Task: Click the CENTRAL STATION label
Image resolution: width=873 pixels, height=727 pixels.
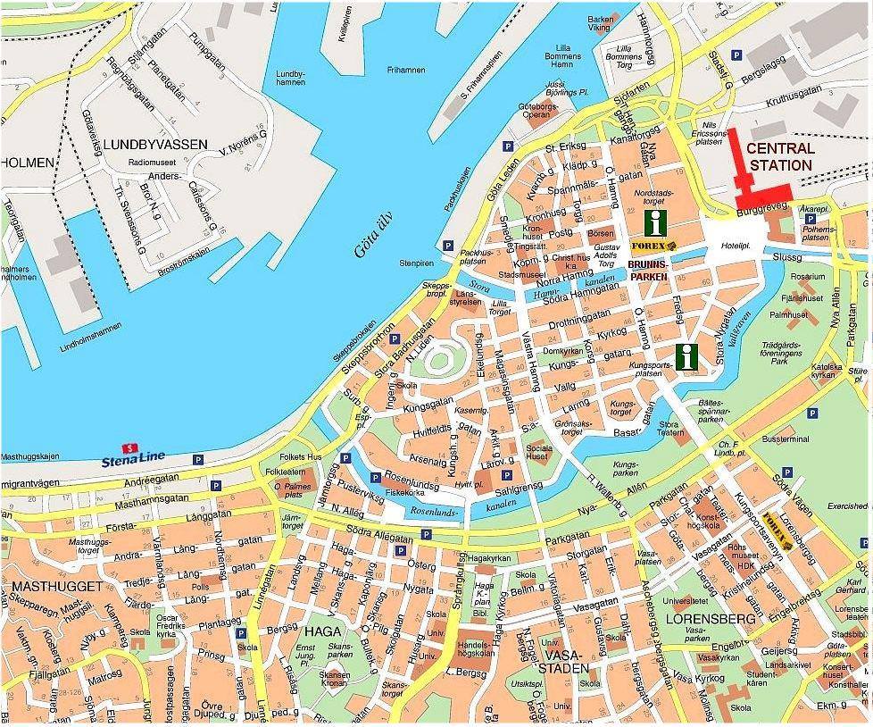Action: click(780, 157)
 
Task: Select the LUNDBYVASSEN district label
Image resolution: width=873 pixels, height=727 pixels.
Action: click(154, 144)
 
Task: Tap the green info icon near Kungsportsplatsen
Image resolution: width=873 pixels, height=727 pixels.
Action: click(686, 356)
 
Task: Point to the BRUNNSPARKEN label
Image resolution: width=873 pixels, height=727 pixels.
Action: click(648, 271)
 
